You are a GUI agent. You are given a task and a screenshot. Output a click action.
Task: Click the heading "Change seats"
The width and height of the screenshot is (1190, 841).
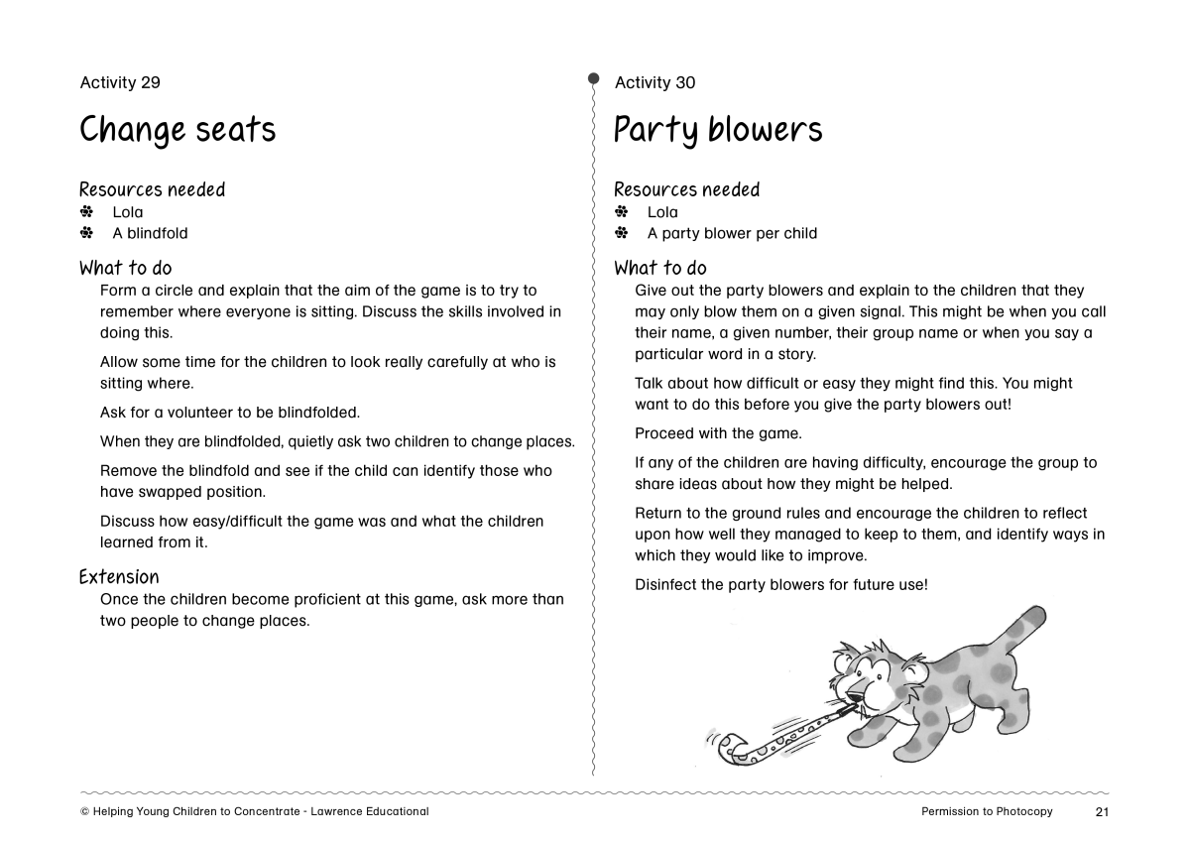tap(178, 130)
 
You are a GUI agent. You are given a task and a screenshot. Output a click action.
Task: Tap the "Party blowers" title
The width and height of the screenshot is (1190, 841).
tap(718, 130)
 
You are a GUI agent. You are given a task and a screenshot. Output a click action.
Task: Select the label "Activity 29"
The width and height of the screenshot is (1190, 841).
tap(120, 82)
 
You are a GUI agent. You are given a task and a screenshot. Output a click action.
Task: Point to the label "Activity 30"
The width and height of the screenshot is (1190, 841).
tap(654, 82)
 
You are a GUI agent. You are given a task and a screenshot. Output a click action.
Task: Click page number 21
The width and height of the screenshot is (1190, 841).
tap(1102, 812)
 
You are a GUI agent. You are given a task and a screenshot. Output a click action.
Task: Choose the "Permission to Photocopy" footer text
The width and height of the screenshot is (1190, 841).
tap(987, 812)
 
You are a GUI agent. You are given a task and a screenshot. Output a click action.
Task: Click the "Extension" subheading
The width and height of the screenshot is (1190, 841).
tap(119, 577)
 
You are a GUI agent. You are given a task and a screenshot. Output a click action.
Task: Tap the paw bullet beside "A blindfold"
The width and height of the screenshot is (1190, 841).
tap(86, 233)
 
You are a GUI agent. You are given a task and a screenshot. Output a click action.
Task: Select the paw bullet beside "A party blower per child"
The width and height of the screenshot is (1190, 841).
tap(622, 233)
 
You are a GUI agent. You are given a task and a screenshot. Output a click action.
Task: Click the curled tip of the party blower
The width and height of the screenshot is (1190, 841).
tap(730, 745)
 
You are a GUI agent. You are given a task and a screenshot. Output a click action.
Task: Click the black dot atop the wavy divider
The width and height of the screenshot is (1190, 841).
tap(593, 77)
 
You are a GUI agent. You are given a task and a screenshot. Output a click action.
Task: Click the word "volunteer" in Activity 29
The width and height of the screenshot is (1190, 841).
tap(208, 413)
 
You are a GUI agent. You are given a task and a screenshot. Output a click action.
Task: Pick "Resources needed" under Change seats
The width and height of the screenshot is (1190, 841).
tap(152, 189)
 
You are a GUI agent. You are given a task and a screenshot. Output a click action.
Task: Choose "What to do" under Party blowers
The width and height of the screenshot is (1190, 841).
tap(660, 268)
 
